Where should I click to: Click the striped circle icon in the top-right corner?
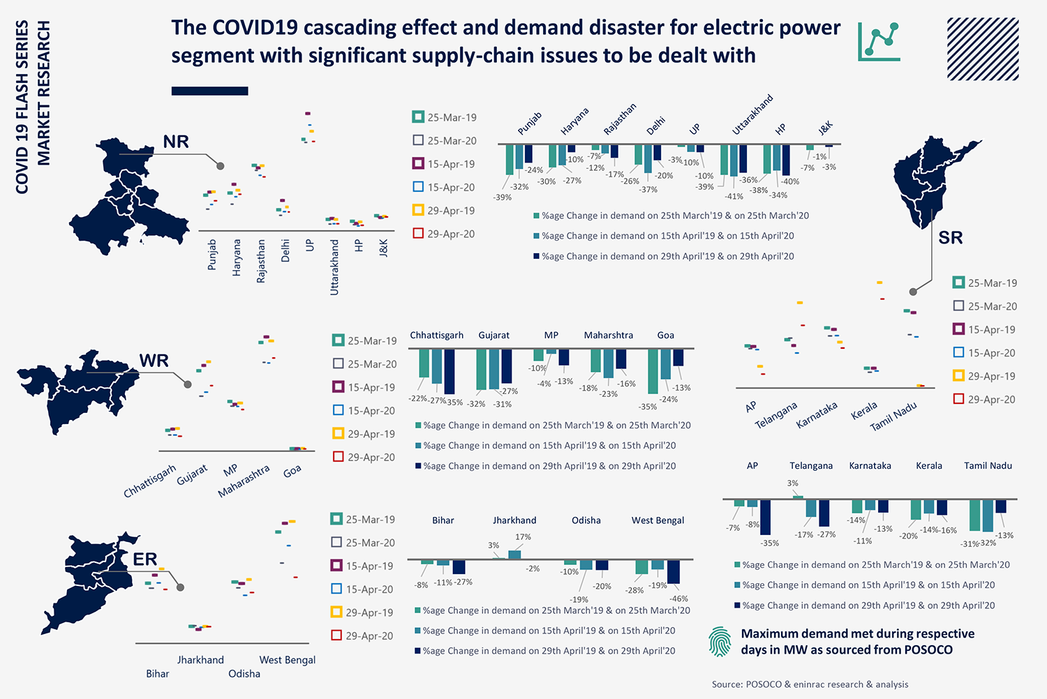[x=983, y=49]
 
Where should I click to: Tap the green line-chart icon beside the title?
[x=879, y=41]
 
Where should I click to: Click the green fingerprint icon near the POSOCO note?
[x=720, y=642]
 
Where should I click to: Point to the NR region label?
[x=176, y=142]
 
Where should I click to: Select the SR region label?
[x=950, y=238]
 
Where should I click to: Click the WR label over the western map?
[x=154, y=361]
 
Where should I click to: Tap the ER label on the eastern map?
[x=145, y=559]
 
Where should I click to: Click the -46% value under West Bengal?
[x=678, y=599]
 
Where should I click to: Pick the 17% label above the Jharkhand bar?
[x=523, y=537]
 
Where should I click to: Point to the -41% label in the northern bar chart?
[x=734, y=197]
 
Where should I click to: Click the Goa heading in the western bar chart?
[x=665, y=336]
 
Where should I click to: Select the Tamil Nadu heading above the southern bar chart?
[x=988, y=466]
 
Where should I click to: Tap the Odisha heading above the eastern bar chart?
[x=586, y=520]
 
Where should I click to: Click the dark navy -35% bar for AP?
[x=765, y=517]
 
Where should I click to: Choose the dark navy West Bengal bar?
[x=674, y=571]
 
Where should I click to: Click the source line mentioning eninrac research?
[x=810, y=684]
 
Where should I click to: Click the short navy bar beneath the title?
[x=209, y=91]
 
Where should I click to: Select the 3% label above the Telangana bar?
[x=792, y=483]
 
